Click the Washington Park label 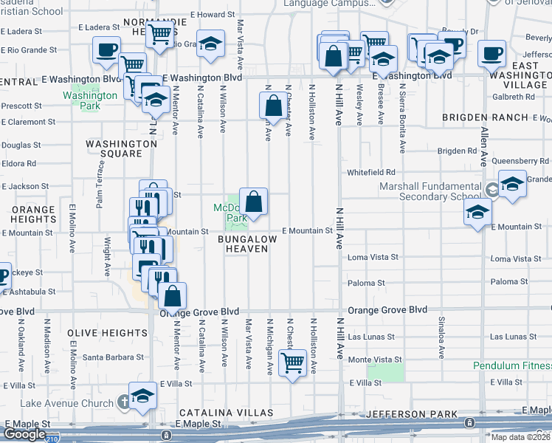[x=90, y=100]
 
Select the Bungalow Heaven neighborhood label [x=246, y=244]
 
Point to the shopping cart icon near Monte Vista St [x=292, y=363]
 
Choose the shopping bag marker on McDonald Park [x=253, y=201]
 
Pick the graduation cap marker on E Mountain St [x=477, y=213]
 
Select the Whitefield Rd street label [x=372, y=172]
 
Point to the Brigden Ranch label [x=485, y=117]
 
